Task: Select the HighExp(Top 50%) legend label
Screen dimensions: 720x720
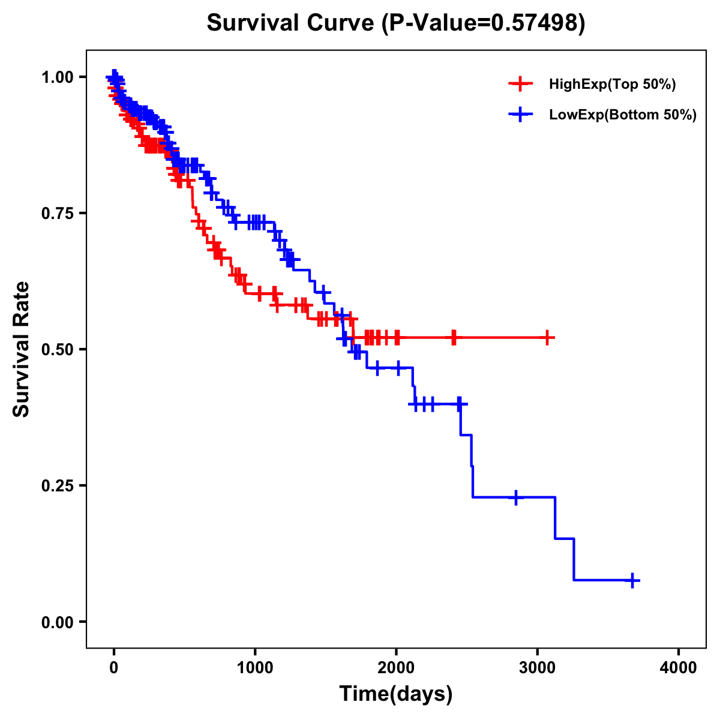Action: (x=612, y=85)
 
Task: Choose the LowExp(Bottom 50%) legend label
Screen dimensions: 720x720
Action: (x=623, y=115)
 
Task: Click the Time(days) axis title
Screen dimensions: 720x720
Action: (x=396, y=694)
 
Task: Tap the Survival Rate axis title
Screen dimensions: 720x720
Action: (x=22, y=349)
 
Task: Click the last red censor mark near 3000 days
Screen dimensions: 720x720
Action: (x=547, y=338)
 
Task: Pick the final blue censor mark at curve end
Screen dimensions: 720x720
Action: (x=632, y=580)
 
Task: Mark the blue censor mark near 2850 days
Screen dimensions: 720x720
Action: (x=516, y=497)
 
